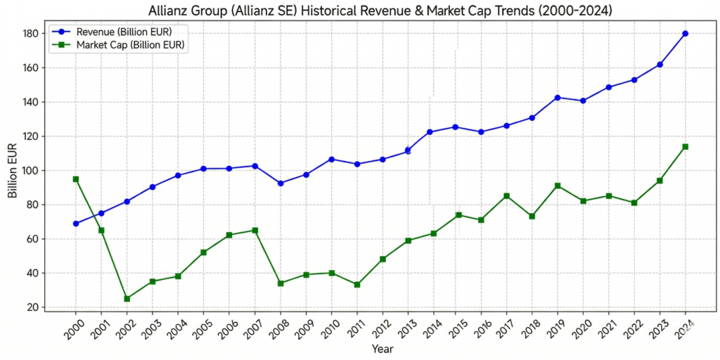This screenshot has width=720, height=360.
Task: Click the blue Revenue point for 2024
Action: (686, 34)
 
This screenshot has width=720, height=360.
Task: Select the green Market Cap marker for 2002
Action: (127, 299)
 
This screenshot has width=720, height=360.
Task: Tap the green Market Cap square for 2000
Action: (76, 179)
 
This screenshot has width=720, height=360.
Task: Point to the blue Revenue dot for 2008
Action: (281, 184)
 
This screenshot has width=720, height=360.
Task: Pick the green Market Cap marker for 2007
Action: (255, 231)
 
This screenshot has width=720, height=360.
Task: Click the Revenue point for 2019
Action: (558, 98)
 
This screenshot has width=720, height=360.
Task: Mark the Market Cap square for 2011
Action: (356, 285)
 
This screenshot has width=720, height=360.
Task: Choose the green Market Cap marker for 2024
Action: (686, 147)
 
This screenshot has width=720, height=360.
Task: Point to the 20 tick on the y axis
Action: (32, 307)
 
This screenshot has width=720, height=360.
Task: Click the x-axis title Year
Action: (382, 349)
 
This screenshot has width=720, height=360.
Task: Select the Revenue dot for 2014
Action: (430, 131)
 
